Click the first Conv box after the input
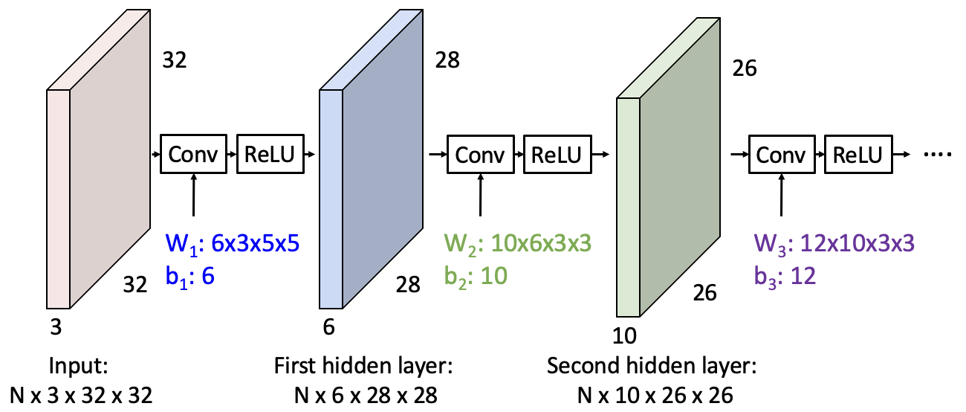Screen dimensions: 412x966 [193, 154]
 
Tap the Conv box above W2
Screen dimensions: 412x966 [479, 155]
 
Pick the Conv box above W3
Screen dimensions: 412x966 [781, 155]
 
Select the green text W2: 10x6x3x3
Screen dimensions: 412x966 [518, 244]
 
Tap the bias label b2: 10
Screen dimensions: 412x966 [476, 276]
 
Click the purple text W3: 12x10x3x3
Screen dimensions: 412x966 [832, 244]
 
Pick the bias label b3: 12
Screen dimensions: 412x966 [783, 276]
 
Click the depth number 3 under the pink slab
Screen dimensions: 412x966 [55, 326]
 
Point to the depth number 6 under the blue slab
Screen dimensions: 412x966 [328, 326]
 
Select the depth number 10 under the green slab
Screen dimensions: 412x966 [625, 336]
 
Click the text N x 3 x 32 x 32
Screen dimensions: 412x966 [81, 395]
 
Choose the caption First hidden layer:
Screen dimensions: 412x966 [363, 367]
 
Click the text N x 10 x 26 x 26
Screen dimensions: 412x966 [650, 395]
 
